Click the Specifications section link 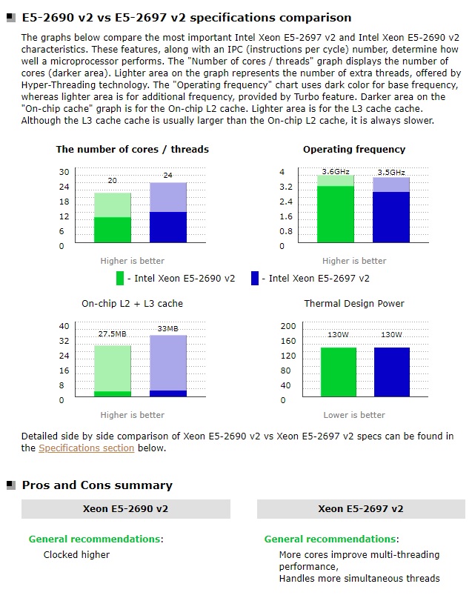[x=87, y=448]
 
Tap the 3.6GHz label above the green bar [x=335, y=171]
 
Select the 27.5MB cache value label [x=113, y=334]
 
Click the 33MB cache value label [x=167, y=328]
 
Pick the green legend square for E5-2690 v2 [x=120, y=279]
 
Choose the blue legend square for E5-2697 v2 [x=255, y=279]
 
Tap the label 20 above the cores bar [x=113, y=181]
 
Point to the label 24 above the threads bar [x=167, y=176]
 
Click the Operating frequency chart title [x=354, y=150]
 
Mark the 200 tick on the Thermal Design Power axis [x=288, y=326]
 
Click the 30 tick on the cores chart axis [x=64, y=172]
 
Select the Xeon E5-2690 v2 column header [x=125, y=509]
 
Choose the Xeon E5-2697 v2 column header [x=361, y=509]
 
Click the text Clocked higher [x=76, y=554]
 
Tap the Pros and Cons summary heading [x=97, y=485]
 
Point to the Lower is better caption [x=354, y=415]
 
